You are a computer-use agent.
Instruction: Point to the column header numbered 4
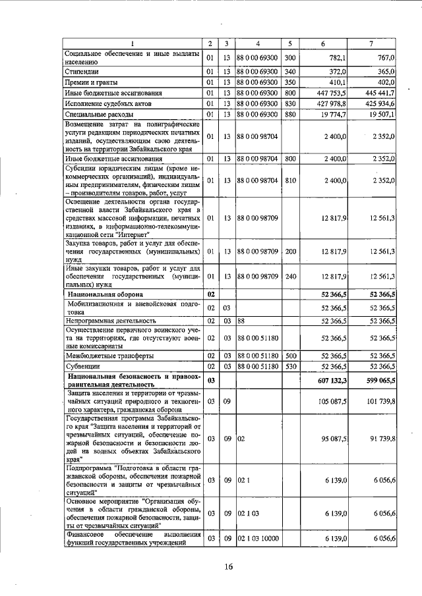(x=258, y=43)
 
